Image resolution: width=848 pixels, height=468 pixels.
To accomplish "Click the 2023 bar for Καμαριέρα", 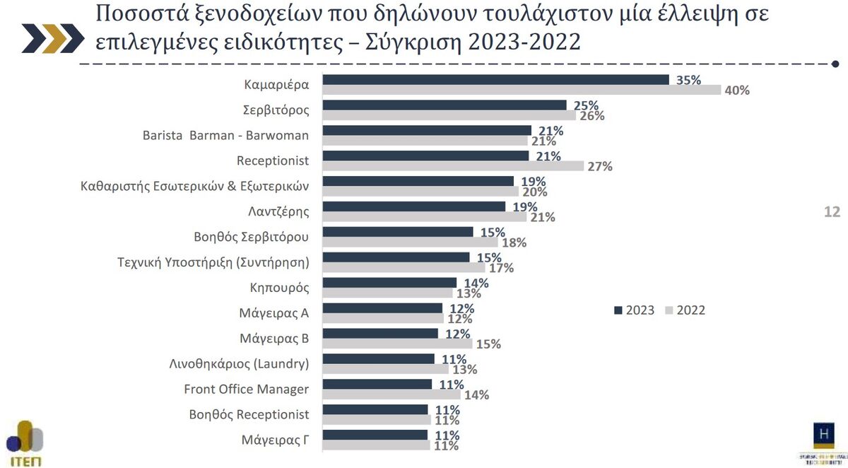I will click(495, 80).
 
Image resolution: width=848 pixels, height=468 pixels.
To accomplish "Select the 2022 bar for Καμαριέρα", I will click(521, 90).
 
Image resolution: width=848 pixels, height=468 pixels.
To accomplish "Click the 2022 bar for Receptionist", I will click(453, 166).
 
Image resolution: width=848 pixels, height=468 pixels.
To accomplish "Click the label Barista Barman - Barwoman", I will click(225, 135).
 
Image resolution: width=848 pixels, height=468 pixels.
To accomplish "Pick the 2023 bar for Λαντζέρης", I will click(413, 206).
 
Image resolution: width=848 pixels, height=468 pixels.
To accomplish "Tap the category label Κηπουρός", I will click(280, 288).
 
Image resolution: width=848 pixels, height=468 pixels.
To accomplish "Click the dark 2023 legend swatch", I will click(618, 310).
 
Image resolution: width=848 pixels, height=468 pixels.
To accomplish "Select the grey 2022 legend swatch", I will click(669, 310).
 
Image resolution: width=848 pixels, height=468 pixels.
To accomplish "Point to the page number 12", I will click(832, 211).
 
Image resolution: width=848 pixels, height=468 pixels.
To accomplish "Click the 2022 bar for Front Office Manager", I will click(391, 394).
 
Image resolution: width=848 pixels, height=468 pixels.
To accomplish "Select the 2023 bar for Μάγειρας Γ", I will click(375, 435).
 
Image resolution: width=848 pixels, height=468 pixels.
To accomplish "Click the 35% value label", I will click(688, 80).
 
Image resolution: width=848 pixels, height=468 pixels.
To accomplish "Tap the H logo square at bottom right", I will click(824, 434).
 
